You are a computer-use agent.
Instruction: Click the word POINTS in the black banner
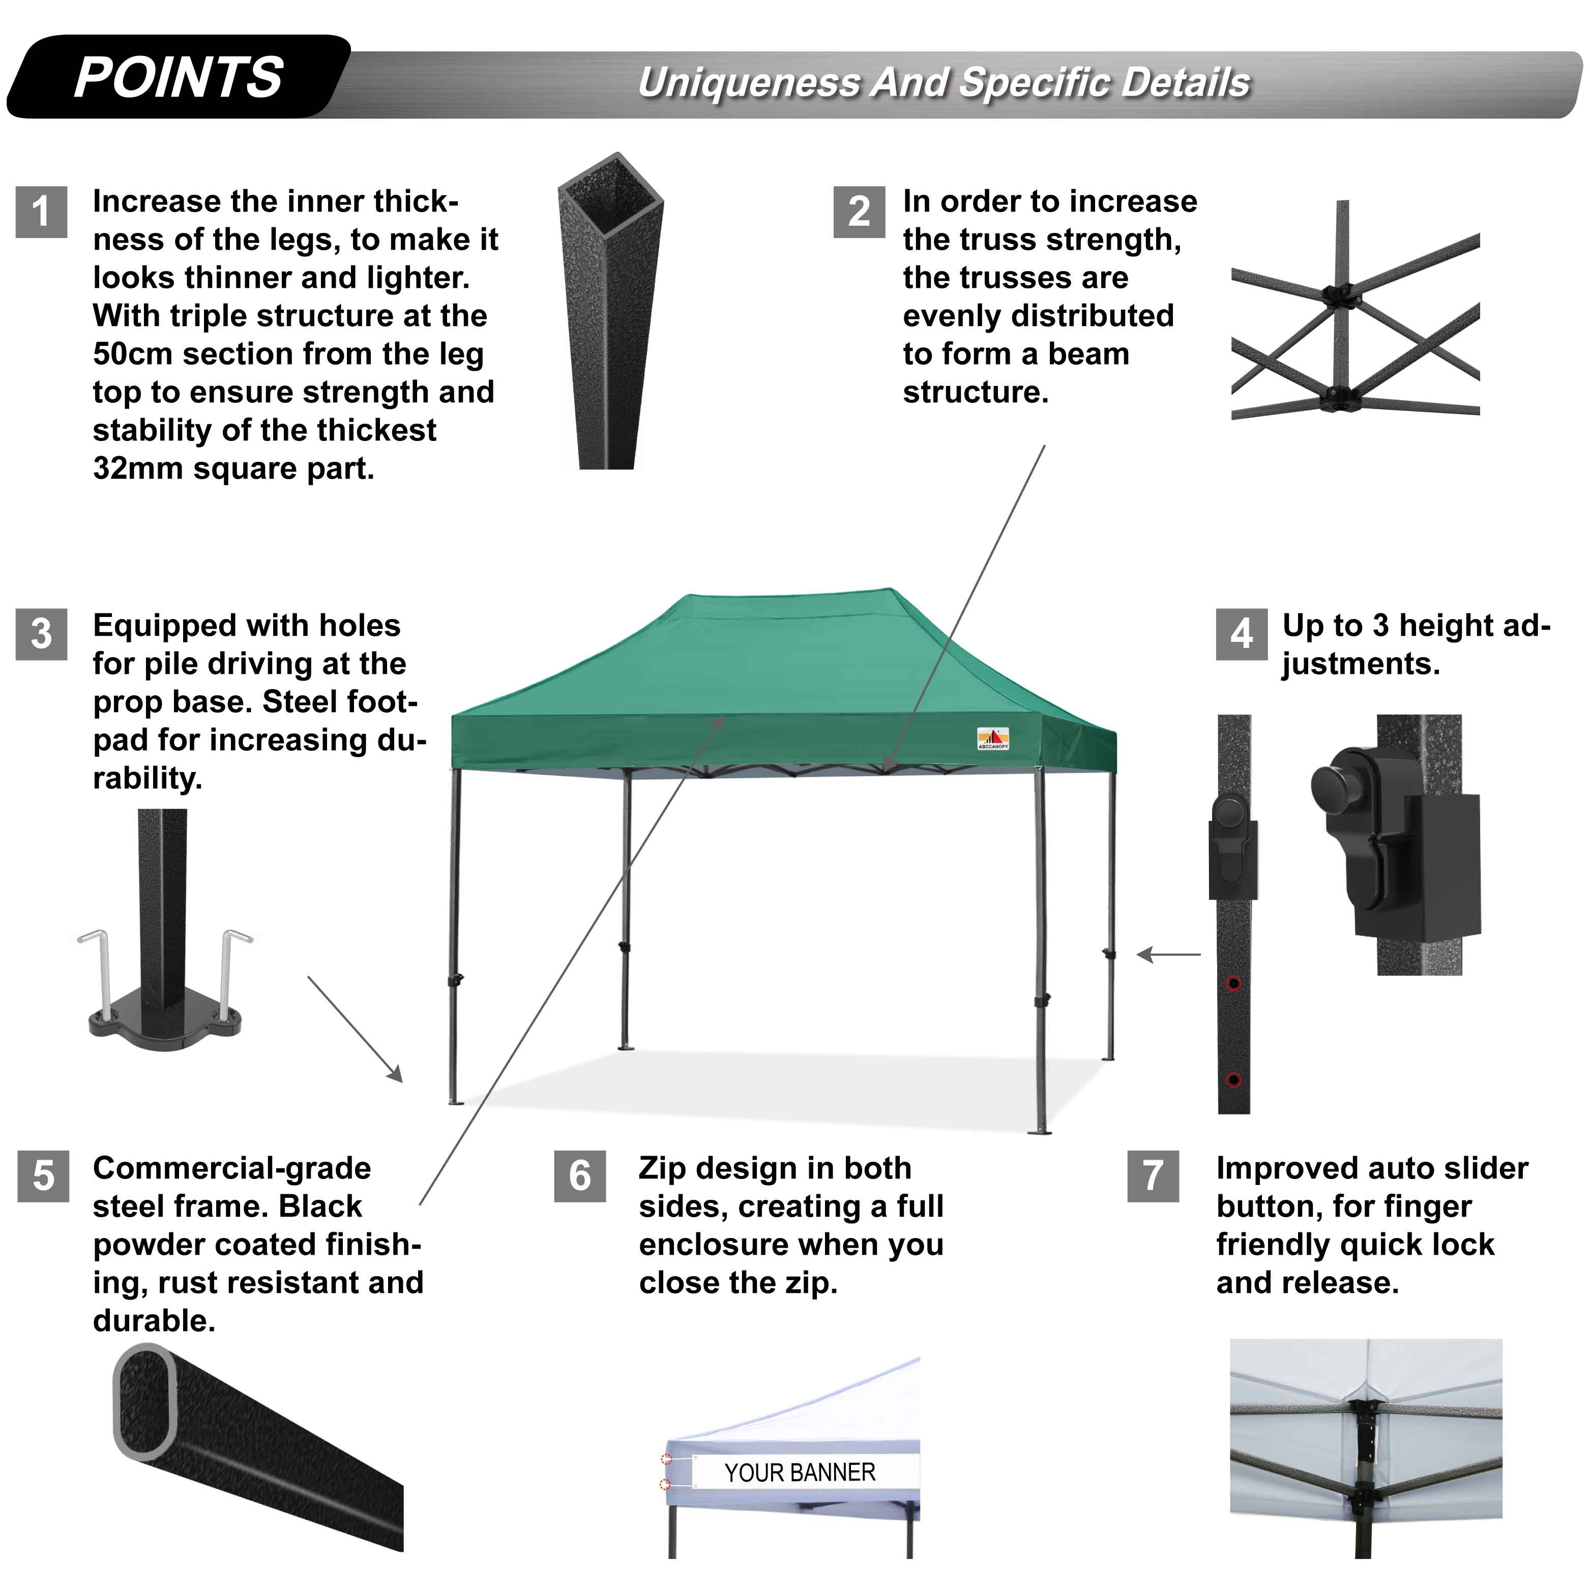[x=179, y=78]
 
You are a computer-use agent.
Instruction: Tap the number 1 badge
[x=41, y=212]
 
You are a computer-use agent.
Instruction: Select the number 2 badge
[x=859, y=212]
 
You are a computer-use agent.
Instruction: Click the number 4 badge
[x=1241, y=634]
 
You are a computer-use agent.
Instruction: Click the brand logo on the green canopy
[x=992, y=738]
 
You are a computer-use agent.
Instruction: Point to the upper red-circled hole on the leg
[x=1233, y=984]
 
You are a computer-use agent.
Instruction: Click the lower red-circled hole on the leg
[x=1233, y=1080]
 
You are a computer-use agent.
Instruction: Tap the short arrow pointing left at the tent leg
[x=1169, y=955]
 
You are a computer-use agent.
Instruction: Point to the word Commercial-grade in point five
[x=231, y=1168]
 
